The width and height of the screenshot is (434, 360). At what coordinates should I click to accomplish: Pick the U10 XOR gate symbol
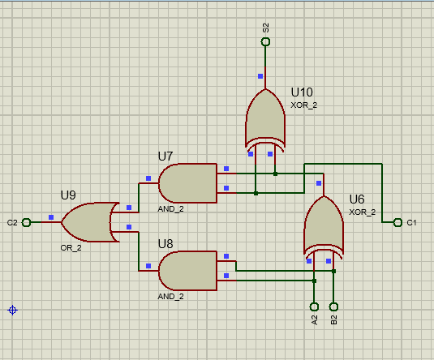coord(265,119)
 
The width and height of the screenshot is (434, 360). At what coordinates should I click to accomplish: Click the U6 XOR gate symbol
coord(323,226)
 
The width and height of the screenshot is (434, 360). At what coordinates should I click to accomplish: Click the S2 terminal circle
coord(265,41)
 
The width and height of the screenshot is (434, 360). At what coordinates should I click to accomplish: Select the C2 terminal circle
coord(26,222)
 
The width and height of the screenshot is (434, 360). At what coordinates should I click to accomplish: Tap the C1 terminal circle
coord(397,222)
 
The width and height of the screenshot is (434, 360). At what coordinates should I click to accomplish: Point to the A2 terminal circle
coord(314,306)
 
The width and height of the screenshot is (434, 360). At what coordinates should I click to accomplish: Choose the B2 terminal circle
coord(333,306)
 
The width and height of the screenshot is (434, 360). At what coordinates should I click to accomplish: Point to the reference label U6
coord(357,199)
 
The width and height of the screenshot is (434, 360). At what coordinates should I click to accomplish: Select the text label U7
coord(165,156)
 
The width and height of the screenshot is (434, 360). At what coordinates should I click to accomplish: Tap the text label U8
coord(165,243)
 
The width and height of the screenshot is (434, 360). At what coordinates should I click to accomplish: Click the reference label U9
coord(68,195)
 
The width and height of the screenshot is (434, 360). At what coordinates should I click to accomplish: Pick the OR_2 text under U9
coord(71,247)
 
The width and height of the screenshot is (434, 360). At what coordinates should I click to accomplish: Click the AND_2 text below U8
coord(171,297)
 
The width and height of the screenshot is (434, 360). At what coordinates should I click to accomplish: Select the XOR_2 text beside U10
coord(305,105)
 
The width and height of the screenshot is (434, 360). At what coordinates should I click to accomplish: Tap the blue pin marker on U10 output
coord(260,76)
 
